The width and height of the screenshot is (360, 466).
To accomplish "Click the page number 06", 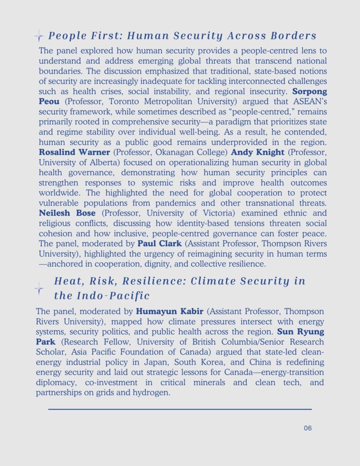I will (308, 428).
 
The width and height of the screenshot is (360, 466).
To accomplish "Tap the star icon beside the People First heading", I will (39, 36).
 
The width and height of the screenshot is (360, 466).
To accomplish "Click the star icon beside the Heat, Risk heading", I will (39, 288).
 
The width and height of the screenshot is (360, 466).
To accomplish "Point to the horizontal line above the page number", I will (180, 409).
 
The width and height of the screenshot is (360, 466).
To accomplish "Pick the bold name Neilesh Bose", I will (67, 213).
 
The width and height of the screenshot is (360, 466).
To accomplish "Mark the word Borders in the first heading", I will (293, 36).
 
